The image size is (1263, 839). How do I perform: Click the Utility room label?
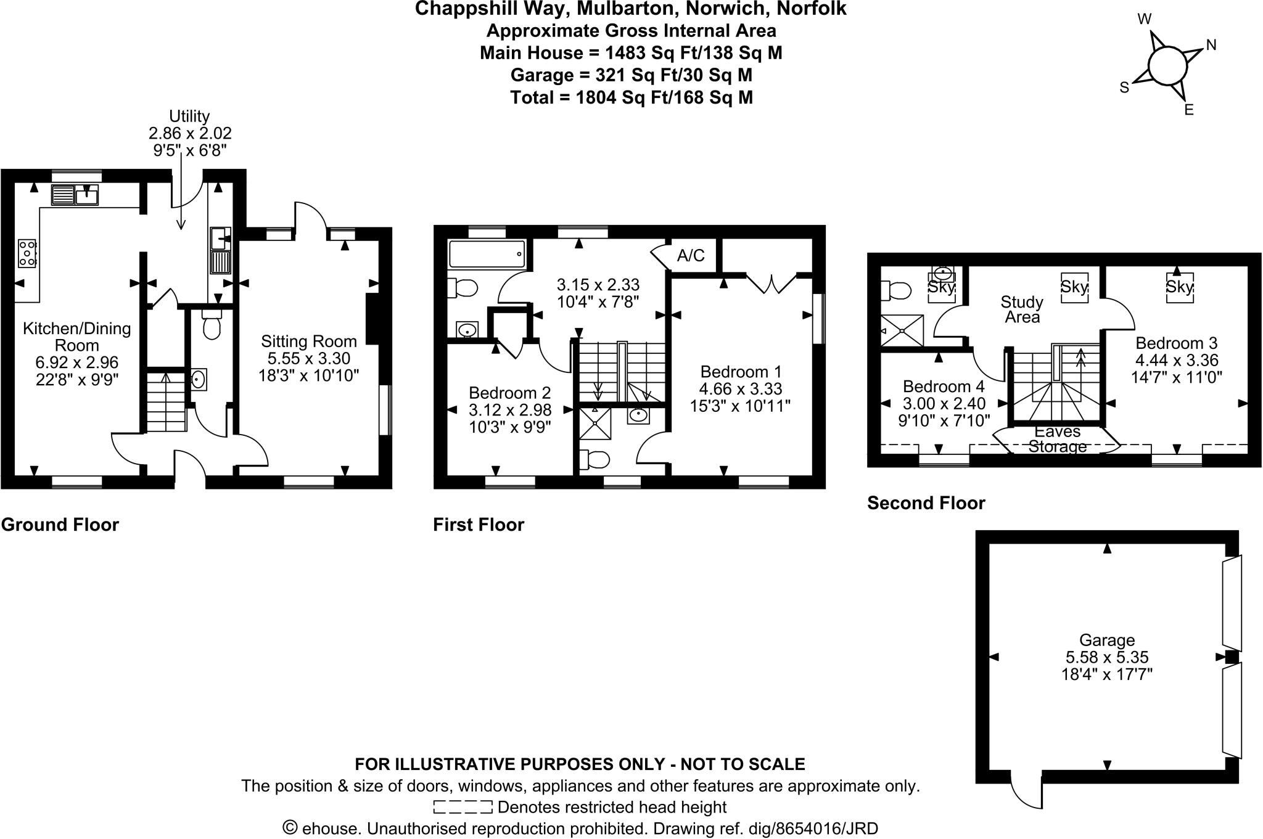[x=189, y=116]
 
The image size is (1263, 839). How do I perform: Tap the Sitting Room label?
[x=308, y=342]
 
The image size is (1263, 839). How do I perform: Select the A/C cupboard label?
[x=691, y=255]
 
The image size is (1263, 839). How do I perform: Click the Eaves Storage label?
[x=1057, y=439]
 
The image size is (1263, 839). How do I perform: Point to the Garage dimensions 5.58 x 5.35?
[x=1107, y=658]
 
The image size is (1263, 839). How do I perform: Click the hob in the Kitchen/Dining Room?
[x=27, y=253]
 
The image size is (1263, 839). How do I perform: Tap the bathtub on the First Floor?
[x=487, y=254]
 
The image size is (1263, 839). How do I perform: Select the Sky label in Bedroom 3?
[x=1179, y=287]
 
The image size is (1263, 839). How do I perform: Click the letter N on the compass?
[x=1211, y=45]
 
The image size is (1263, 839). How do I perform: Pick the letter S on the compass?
[x=1124, y=88]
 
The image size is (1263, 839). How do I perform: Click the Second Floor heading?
[x=926, y=503]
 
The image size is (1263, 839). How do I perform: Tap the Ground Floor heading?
[x=60, y=525]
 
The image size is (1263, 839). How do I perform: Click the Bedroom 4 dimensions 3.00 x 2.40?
[x=944, y=404]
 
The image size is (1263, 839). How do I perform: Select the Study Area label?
[x=1022, y=309]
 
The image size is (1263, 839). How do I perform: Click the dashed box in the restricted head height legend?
[x=463, y=807]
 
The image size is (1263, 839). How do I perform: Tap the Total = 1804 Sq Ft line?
[x=631, y=97]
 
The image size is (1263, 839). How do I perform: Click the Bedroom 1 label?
[x=741, y=372]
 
